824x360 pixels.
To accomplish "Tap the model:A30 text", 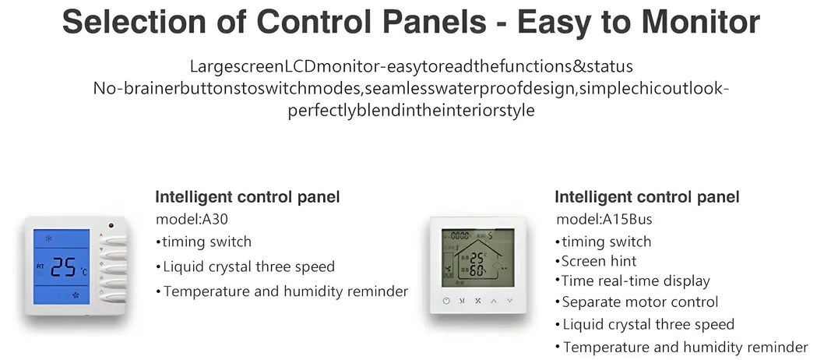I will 192,220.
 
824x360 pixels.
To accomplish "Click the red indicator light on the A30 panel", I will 111,227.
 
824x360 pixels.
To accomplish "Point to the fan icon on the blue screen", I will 76,295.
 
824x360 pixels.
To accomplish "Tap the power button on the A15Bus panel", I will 445,300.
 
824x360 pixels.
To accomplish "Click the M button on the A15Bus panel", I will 462,300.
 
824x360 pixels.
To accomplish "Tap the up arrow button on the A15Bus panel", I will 494,300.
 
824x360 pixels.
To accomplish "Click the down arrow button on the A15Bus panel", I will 510,300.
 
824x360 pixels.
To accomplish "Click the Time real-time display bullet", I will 636,281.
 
